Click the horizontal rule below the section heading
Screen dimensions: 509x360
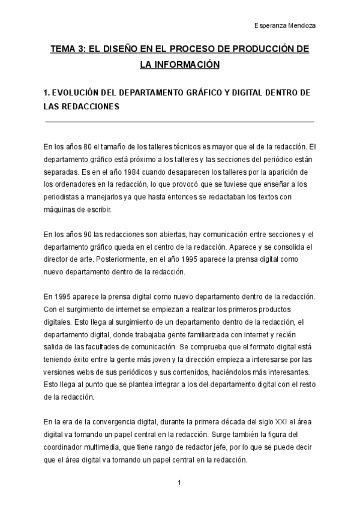[x=179, y=122]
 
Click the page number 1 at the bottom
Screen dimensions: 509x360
[x=179, y=482]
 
